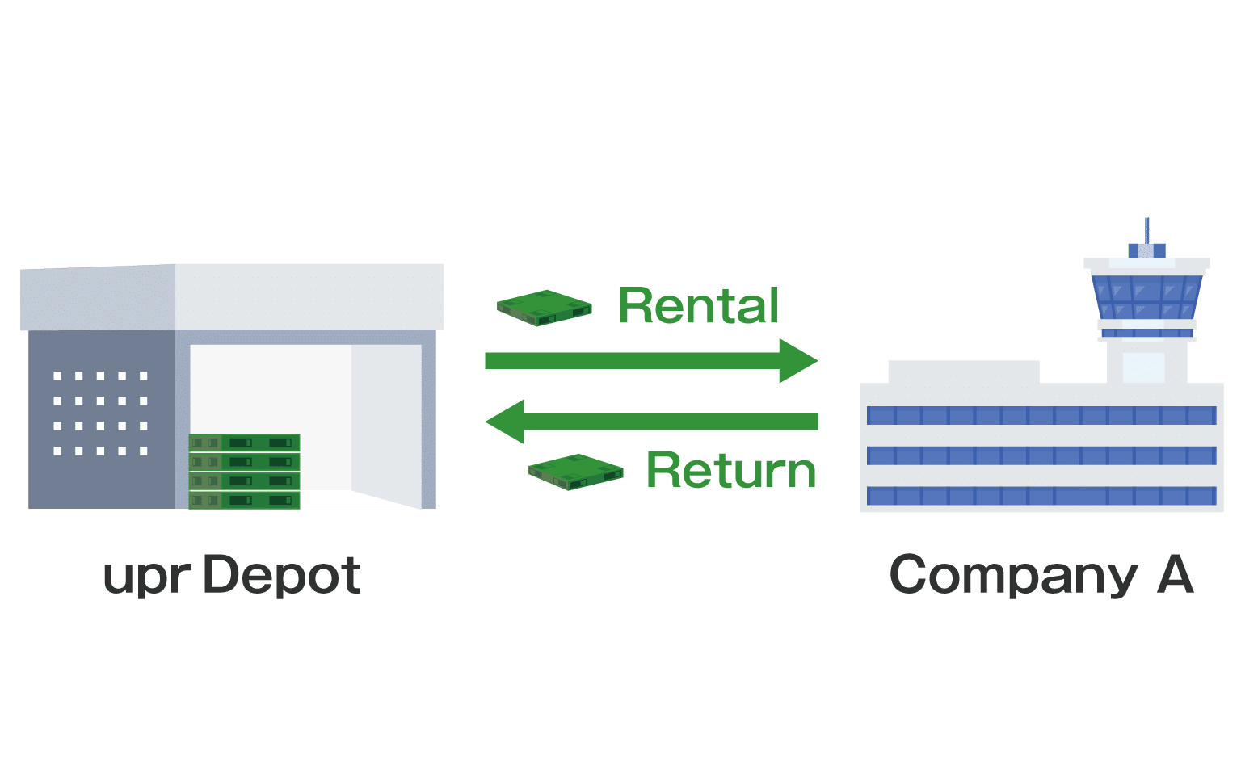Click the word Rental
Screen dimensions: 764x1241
699,306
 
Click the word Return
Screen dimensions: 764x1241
731,470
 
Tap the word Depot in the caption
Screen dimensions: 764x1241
281,575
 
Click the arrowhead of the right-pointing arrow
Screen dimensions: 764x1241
797,360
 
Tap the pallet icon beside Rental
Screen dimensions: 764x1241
545,308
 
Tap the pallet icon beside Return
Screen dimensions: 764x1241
576,472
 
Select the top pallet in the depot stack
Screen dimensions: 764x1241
245,443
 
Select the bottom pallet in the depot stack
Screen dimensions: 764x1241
245,501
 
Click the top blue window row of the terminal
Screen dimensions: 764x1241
1041,415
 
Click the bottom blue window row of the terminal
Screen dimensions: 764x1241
1041,495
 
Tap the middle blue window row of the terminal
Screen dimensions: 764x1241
1041,455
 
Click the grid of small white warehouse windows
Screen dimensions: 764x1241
100,413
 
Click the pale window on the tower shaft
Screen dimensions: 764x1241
1143,367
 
